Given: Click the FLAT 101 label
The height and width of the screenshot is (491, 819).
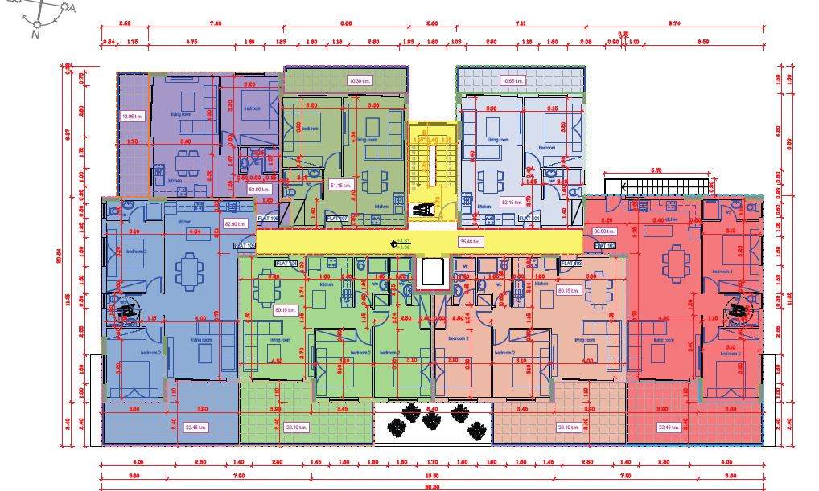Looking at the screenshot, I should tap(529, 218).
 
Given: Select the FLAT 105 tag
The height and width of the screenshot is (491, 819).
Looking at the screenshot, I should tap(245, 246).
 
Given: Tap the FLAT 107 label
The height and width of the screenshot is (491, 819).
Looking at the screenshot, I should tap(336, 218).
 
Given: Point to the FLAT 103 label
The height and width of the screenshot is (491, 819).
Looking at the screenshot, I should tap(570, 263).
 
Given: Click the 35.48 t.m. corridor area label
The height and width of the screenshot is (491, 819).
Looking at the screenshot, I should tap(470, 241).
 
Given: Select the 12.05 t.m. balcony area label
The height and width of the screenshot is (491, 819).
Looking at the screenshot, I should tap(131, 117).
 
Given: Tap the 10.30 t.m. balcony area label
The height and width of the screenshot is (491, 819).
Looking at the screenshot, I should tap(358, 80).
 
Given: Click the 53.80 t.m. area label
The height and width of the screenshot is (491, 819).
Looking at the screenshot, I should tap(258, 189).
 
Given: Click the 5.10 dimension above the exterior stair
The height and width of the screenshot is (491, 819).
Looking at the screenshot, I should tap(656, 170).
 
